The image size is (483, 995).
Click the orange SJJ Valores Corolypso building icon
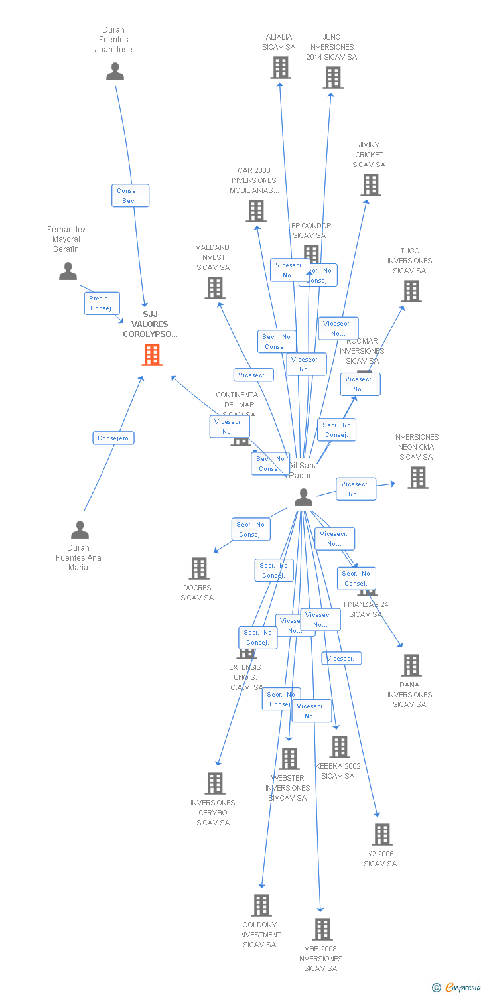[x=152, y=355]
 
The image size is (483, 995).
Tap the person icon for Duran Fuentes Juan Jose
[x=115, y=72]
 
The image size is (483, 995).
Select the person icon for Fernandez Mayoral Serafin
[x=68, y=271]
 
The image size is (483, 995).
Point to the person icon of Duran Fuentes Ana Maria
[x=80, y=530]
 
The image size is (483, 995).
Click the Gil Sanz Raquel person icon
[x=303, y=497]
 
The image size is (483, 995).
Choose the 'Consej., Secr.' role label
[x=130, y=196]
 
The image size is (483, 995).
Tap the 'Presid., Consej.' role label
[x=102, y=303]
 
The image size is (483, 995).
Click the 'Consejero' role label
[x=113, y=438]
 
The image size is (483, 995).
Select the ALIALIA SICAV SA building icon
[x=280, y=68]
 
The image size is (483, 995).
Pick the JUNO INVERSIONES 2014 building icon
[x=332, y=78]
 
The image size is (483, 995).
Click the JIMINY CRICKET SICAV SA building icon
[x=370, y=185]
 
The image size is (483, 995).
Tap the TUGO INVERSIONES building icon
[x=411, y=291]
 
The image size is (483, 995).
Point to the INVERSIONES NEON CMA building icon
[x=417, y=478]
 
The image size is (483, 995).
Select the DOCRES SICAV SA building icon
[x=198, y=568]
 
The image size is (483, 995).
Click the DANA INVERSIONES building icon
[x=411, y=665]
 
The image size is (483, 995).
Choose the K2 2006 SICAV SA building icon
[x=381, y=834]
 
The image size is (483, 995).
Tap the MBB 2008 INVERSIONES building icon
[x=322, y=929]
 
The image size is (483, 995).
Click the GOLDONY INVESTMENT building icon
[x=261, y=905]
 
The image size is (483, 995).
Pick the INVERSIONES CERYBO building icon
[x=214, y=783]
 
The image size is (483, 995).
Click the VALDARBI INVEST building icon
[x=214, y=288]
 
